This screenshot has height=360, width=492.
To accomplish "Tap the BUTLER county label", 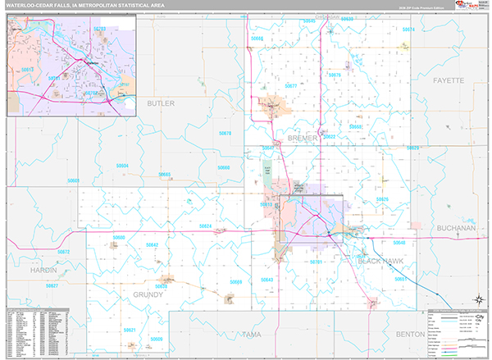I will coord(161,104).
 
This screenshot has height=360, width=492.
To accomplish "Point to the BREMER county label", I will coord(302,139).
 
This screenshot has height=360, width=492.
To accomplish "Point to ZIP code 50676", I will coord(335,75).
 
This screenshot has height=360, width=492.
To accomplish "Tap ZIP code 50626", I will coord(381,199).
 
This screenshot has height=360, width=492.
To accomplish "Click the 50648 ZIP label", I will coord(399,244).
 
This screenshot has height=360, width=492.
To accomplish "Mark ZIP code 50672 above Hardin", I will coord(64,252).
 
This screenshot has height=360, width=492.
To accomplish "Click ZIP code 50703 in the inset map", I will coord(99,28).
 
